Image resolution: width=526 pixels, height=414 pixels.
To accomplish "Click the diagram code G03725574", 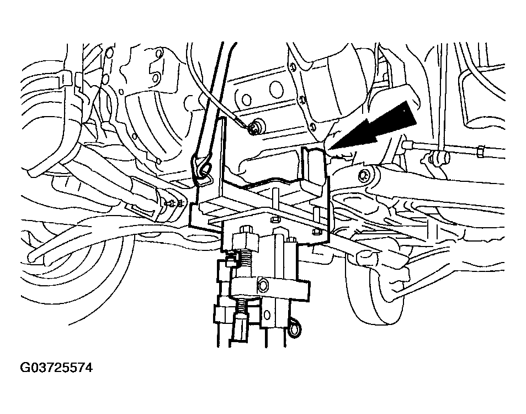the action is coord(56,368).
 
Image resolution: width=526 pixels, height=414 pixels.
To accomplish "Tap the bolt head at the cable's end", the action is coord(257,127).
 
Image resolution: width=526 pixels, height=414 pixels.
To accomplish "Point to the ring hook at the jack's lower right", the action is coord(295,328).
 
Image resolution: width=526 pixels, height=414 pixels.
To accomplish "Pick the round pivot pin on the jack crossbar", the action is coord(262,286).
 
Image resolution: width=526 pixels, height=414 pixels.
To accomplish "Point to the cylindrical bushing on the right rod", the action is coord(437,158).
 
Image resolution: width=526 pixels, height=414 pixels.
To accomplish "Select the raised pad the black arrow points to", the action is coord(314,165).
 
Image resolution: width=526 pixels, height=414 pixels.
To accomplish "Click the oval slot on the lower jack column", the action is coord(267,315).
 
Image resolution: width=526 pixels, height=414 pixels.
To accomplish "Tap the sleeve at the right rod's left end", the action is coord(407,145).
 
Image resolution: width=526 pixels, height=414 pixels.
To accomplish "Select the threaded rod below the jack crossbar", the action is coord(242,306).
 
